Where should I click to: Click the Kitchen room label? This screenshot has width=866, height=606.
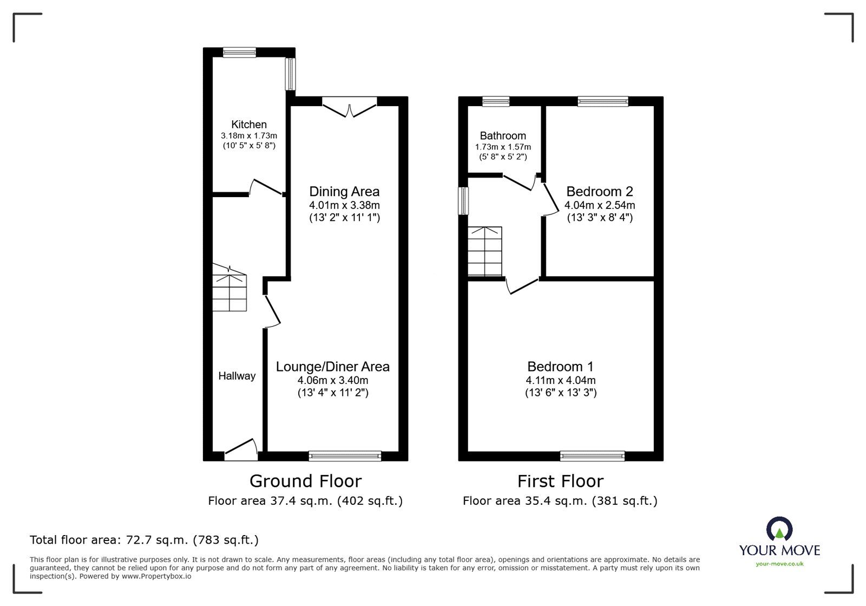point(249,125)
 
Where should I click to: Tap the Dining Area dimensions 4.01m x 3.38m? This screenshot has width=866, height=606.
point(344,205)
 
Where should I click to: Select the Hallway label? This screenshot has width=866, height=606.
point(237,376)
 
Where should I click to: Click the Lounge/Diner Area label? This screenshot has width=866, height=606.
point(332,367)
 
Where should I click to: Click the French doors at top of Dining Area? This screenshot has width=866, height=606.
point(349,106)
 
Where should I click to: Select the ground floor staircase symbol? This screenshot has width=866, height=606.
point(229,290)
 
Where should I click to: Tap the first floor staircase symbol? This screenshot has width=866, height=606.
point(485,252)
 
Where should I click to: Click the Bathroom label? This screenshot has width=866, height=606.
point(503,136)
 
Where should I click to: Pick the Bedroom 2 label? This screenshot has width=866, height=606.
point(599,191)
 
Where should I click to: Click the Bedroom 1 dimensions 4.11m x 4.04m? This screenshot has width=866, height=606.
point(561,381)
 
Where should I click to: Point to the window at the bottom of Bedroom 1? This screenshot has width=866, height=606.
point(592,456)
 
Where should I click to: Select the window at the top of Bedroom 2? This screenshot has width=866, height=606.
point(602,101)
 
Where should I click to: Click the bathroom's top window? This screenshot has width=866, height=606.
point(496,101)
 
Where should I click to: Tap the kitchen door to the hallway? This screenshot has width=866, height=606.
point(266,187)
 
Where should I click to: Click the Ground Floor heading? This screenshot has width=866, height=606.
point(305,481)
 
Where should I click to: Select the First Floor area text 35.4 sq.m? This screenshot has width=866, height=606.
point(560,501)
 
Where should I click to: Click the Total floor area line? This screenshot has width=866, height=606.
point(144,540)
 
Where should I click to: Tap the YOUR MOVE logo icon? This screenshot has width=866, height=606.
point(779,530)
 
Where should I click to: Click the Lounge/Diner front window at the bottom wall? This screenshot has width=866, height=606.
point(345,456)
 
